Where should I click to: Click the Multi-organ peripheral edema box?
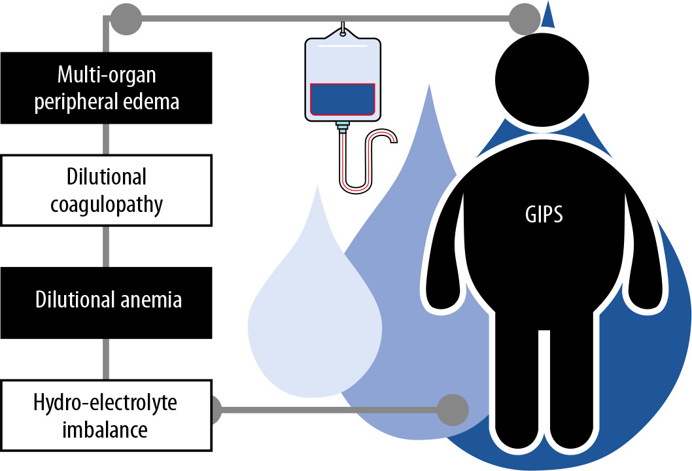pos(106,88)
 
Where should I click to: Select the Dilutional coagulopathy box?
pos(106,190)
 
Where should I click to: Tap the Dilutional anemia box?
pos(106,301)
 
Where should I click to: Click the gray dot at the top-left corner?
pos(126,19)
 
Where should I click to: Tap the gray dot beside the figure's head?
pos(525,19)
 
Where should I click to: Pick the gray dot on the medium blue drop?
pos(453,410)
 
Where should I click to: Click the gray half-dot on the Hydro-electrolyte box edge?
pos(216,410)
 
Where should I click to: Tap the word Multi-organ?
pos(106,75)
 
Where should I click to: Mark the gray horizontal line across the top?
pos(327,19)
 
